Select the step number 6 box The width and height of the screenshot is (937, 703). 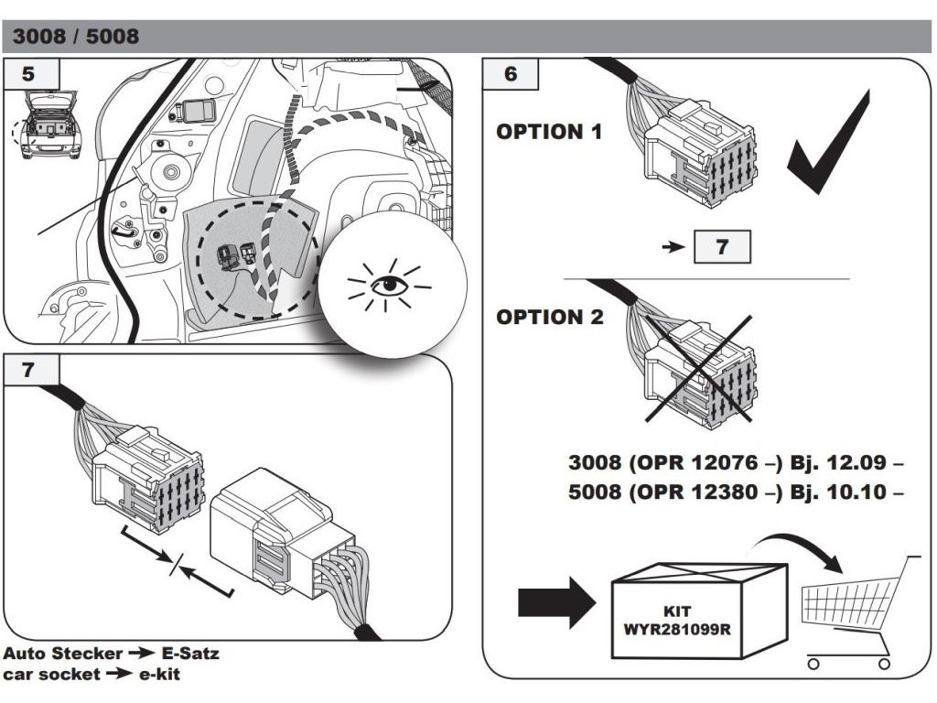coord(511,74)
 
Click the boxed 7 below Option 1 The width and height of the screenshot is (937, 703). coord(722,247)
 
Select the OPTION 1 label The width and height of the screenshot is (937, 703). coord(549,132)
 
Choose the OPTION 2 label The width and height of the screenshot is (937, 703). coord(550,318)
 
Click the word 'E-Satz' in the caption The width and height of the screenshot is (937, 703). coord(188,654)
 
